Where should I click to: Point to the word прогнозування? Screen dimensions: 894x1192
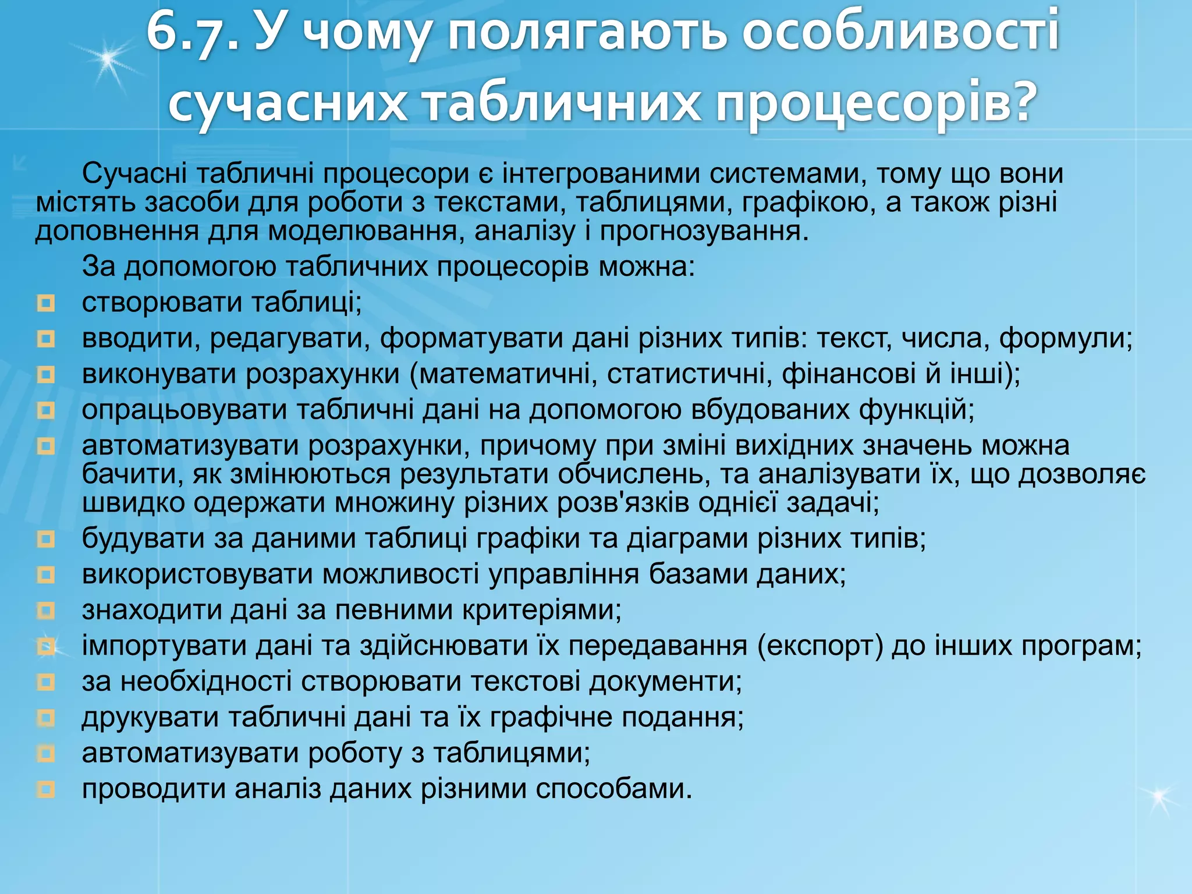pos(704,231)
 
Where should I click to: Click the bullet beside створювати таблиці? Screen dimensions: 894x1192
pos(45,303)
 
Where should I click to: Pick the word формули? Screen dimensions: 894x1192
pos(1065,338)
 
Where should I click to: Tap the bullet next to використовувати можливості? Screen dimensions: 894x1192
pos(45,575)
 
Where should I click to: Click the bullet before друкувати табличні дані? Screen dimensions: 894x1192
pos(45,718)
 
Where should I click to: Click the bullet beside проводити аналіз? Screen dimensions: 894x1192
pos(45,790)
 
